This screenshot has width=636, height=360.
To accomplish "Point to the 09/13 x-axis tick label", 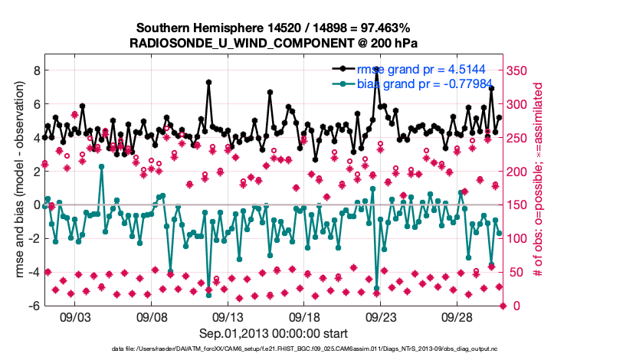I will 228,316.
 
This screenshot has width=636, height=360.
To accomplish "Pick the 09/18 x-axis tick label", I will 304,316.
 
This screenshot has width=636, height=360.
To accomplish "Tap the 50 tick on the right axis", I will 516,272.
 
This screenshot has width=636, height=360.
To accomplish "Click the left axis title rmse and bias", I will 17,180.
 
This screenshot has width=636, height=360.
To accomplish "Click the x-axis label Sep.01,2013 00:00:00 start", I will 274,333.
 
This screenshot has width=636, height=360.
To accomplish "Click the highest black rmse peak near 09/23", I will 376,69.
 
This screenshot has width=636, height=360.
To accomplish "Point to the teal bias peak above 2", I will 102,165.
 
